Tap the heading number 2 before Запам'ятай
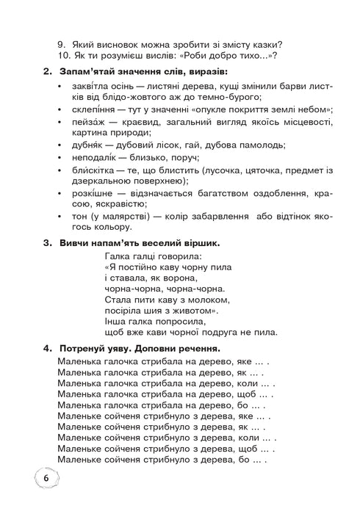tap(47, 71)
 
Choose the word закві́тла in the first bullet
tap(93, 86)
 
